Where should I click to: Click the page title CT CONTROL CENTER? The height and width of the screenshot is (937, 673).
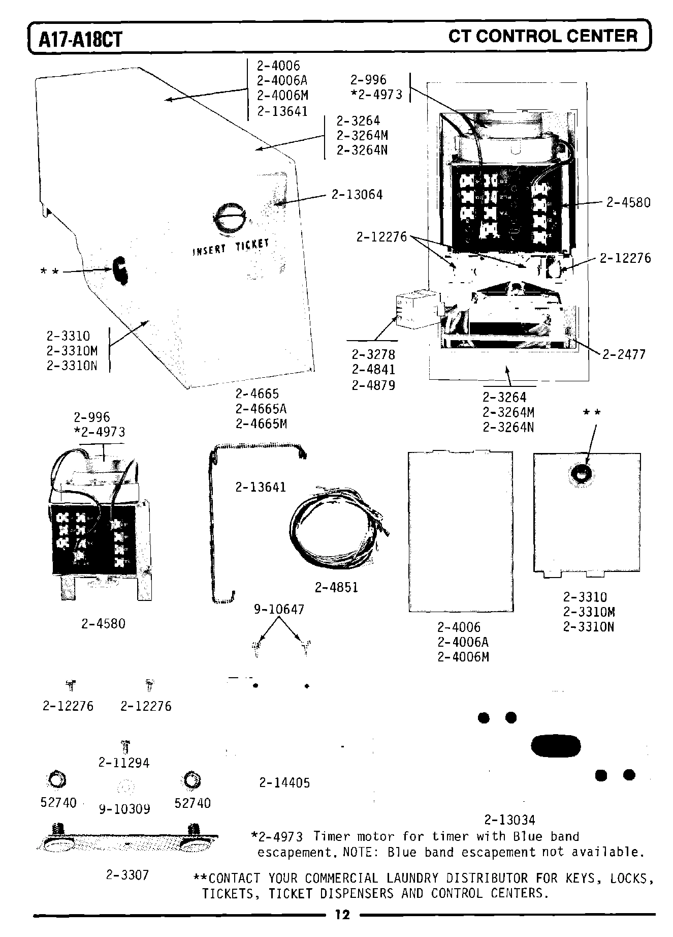(x=542, y=36)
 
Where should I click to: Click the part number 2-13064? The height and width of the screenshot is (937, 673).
(x=357, y=195)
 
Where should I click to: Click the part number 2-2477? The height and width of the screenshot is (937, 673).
(x=624, y=354)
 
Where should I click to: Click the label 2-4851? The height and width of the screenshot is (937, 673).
(x=336, y=588)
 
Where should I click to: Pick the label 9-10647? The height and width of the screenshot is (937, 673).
(x=279, y=609)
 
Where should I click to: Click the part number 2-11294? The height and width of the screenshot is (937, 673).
(x=124, y=763)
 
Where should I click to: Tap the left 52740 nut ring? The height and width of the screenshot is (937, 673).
(x=56, y=779)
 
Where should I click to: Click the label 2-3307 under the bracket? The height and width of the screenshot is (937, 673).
(x=127, y=875)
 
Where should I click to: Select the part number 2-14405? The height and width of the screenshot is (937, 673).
(x=284, y=783)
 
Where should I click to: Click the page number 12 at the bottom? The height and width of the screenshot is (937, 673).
(x=342, y=915)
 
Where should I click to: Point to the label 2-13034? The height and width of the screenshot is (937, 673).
(x=509, y=820)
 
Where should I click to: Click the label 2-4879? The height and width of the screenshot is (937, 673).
(x=373, y=385)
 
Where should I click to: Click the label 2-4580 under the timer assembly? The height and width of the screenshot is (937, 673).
(x=103, y=624)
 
